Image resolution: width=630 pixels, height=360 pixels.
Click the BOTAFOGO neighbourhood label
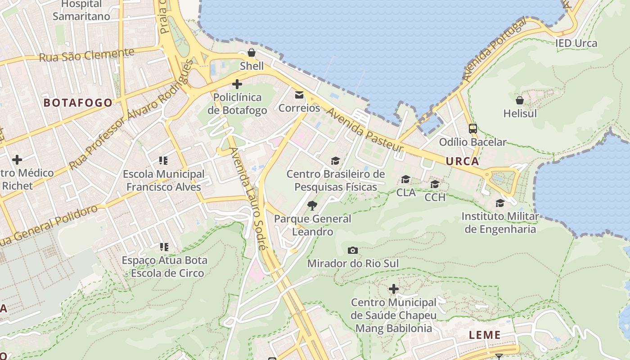tap(78, 103)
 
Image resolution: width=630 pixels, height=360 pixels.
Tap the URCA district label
tap(462, 161)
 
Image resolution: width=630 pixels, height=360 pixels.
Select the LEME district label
tap(485, 335)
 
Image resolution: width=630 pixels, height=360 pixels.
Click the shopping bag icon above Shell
tap(252, 53)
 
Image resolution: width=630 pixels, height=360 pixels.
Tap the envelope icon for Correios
tap(299, 94)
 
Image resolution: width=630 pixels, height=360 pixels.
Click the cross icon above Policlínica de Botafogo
tap(237, 84)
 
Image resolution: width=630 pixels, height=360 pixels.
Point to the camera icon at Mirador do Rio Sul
tap(353, 250)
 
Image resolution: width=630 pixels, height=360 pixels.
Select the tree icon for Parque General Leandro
tap(312, 206)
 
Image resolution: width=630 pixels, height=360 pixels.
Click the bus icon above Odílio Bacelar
tap(472, 129)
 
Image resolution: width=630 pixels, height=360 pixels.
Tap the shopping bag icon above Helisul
tap(520, 100)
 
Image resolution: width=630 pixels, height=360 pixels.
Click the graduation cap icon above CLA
tap(405, 180)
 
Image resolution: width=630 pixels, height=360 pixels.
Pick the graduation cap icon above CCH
tap(435, 184)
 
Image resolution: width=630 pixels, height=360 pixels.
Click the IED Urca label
tap(576, 43)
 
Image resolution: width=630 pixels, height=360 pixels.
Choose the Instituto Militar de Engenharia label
tap(500, 223)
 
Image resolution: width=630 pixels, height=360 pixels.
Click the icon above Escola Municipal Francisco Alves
tap(163, 160)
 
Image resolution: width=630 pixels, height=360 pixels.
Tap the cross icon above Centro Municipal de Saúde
tap(394, 289)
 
